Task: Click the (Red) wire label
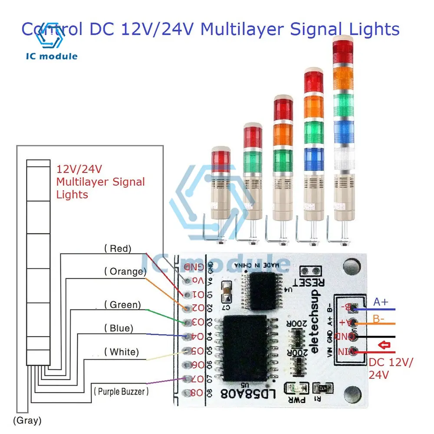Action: pos(118,249)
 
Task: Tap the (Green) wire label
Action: pos(122,305)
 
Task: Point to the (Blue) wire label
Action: pos(118,328)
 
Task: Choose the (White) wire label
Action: pos(122,352)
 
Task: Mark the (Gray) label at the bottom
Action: pos(27,420)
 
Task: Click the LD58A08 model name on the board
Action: pos(241,393)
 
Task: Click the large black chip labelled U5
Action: pos(245,347)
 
